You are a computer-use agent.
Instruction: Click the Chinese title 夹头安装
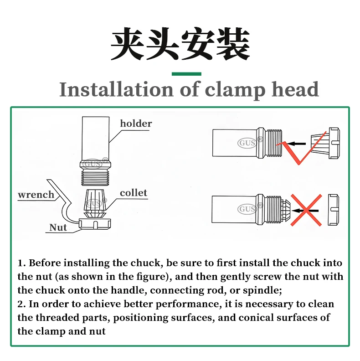pos(180,44)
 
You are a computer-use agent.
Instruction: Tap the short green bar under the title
pos(186,74)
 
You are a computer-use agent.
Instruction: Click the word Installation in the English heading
pos(116,89)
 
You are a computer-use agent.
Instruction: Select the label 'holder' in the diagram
pos(136,124)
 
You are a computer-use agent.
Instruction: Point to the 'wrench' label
pos(36,195)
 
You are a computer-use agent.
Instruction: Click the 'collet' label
pos(134,193)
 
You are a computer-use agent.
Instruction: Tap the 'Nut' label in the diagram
pos(58,227)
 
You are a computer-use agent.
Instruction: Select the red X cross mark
pos(306,210)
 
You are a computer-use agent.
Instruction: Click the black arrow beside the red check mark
pos(296,144)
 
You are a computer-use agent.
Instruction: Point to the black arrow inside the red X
pos(305,211)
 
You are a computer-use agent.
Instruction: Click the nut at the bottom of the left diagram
pos(95,224)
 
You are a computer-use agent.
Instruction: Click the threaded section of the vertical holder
pos(95,177)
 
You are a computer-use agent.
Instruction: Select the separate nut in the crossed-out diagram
pos(333,210)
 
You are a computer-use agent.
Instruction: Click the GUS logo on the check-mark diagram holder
pos(247,143)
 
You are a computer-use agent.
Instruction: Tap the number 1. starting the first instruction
pos(21,263)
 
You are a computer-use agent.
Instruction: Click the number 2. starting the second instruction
pos(21,304)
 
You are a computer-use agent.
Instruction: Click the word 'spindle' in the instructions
pos(261,290)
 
